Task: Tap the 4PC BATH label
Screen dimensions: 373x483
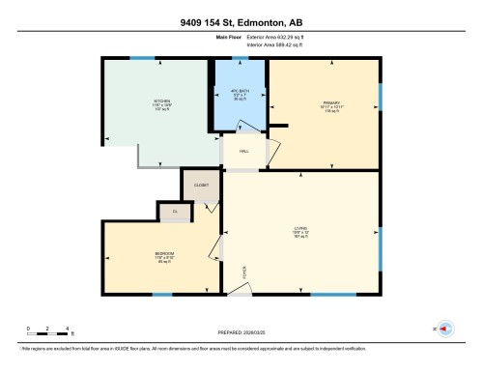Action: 238,95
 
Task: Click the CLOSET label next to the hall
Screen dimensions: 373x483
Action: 201,183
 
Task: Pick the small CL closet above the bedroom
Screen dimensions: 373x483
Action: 175,211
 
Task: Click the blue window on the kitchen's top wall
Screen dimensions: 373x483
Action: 142,58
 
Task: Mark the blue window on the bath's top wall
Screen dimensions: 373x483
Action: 239,58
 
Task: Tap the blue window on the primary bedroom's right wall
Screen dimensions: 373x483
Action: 380,97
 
